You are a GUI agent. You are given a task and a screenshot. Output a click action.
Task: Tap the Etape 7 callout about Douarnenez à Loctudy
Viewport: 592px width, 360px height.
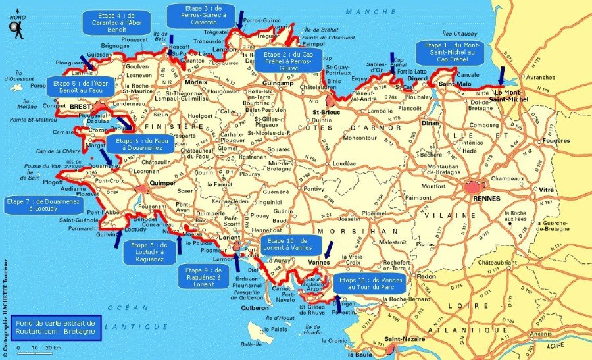pos(31,205)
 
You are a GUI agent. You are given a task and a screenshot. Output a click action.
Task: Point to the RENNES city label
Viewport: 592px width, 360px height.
pos(487,198)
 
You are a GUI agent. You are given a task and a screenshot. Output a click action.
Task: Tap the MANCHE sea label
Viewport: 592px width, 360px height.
pos(362,12)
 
